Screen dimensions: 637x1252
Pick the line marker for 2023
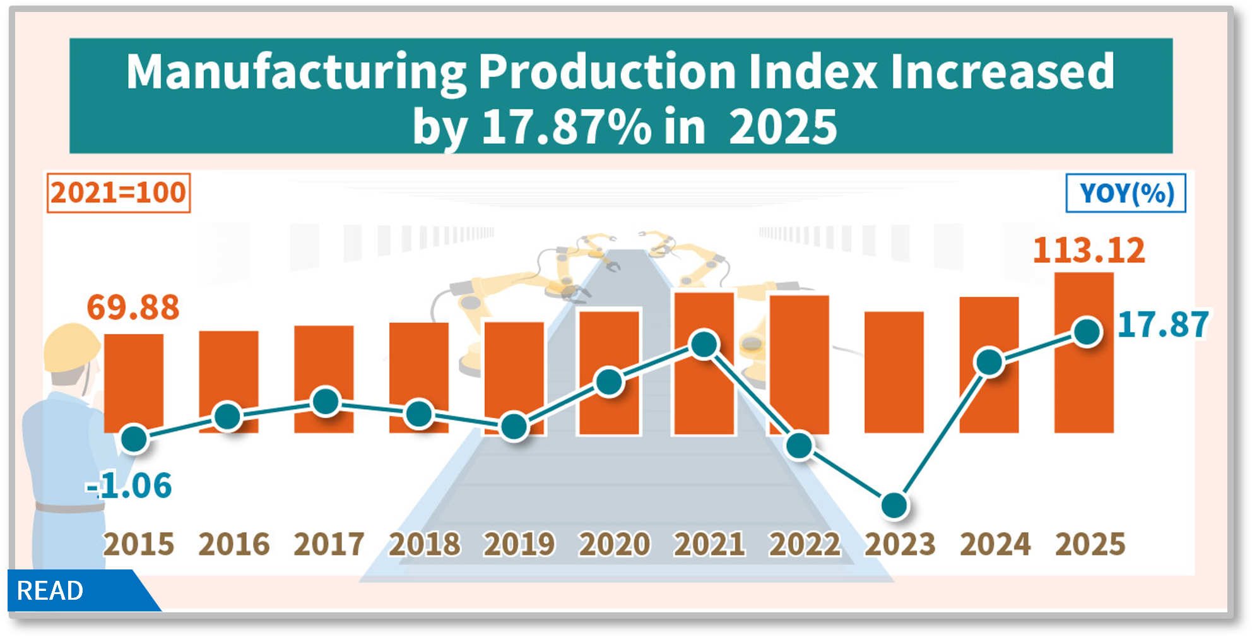click(894, 505)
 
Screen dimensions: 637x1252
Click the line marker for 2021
click(704, 344)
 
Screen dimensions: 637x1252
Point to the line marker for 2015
click(134, 439)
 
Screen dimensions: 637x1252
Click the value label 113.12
click(1089, 251)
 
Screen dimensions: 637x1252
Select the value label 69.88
click(133, 307)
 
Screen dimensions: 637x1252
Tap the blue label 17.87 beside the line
click(1162, 325)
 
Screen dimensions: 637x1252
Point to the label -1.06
click(129, 485)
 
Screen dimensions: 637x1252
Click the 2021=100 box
click(119, 193)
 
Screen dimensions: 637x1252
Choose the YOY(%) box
click(1126, 193)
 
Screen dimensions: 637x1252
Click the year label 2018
click(424, 544)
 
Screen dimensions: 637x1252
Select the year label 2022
click(805, 544)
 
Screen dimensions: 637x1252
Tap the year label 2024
click(995, 544)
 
